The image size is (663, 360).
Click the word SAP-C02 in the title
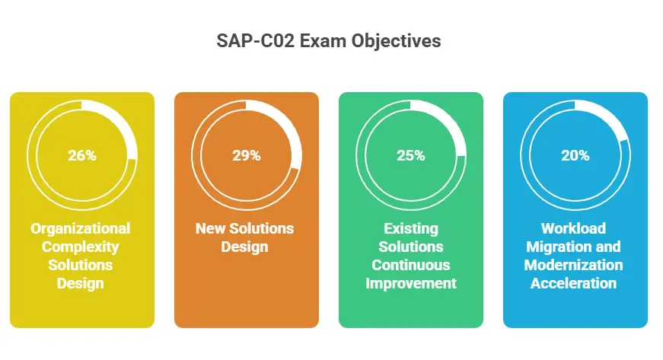pyautogui.click(x=256, y=41)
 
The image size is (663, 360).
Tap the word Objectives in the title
pyautogui.click(x=396, y=42)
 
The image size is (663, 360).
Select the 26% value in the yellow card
pyautogui.click(x=82, y=155)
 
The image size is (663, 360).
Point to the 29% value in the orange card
pyautogui.click(x=247, y=155)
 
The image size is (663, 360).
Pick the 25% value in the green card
pyautogui.click(x=411, y=155)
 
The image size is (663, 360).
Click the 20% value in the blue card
pyautogui.click(x=575, y=155)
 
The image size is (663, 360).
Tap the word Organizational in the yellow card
pyautogui.click(x=81, y=228)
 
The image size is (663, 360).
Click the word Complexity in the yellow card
pyautogui.click(x=81, y=247)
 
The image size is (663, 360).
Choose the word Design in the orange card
pyautogui.click(x=244, y=247)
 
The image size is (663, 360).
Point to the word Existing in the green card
pyautogui.click(x=411, y=229)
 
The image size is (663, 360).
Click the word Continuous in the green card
pyautogui.click(x=411, y=265)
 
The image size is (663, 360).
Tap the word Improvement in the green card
pyautogui.click(x=411, y=284)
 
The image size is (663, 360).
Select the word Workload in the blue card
pyautogui.click(x=573, y=228)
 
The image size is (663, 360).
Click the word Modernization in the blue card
pyautogui.click(x=573, y=265)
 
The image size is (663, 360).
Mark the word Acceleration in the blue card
pyautogui.click(x=573, y=283)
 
